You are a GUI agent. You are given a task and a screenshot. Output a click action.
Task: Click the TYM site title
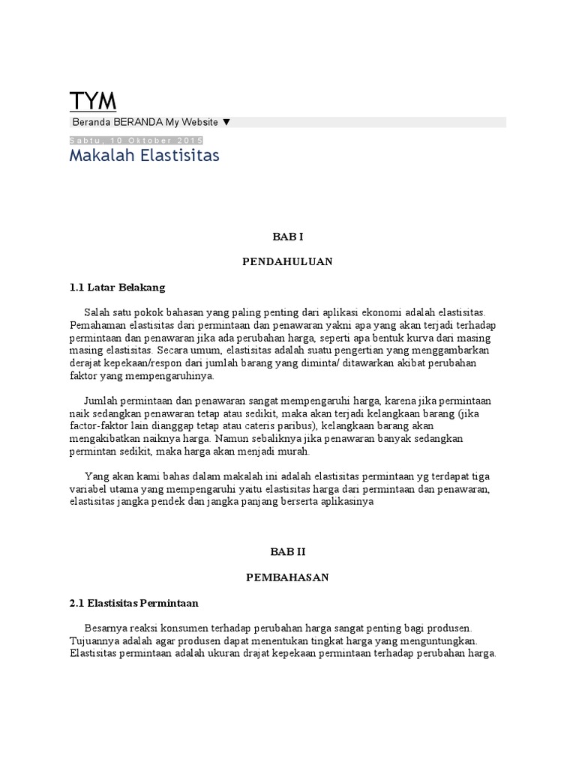click(93, 101)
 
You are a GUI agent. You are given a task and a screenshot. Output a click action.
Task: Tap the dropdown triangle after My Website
click(226, 122)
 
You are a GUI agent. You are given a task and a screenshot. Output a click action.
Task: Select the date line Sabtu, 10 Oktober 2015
click(136, 141)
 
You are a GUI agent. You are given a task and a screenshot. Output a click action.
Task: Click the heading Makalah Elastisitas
click(144, 157)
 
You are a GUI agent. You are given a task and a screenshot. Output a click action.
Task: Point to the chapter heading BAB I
click(287, 237)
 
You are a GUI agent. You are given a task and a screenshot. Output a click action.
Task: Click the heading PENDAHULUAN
click(287, 262)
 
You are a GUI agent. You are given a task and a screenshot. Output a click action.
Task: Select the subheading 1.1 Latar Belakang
click(117, 287)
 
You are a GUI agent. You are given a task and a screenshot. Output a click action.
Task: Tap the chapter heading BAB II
click(287, 552)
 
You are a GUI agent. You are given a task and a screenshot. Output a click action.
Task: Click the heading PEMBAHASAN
click(287, 577)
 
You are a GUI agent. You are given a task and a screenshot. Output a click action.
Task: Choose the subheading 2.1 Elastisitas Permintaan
click(133, 602)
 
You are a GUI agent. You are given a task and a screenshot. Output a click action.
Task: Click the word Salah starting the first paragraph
click(97, 312)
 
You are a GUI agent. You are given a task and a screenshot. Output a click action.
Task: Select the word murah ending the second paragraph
click(292, 452)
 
